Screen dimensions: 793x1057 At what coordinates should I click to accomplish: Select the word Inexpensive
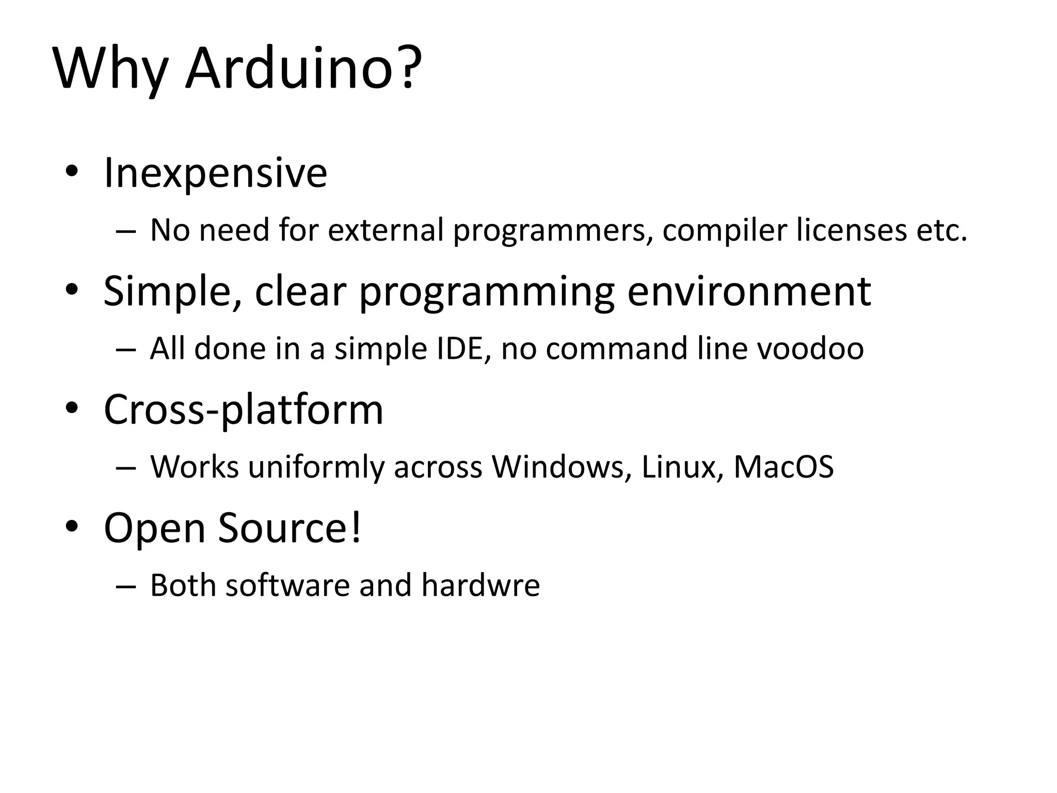(215, 173)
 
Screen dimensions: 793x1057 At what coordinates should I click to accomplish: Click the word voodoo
(810, 348)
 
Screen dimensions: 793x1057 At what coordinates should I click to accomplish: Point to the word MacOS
(783, 467)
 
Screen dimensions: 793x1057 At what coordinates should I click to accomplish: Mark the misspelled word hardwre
(481, 585)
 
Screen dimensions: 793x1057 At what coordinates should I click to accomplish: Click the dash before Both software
(126, 586)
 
